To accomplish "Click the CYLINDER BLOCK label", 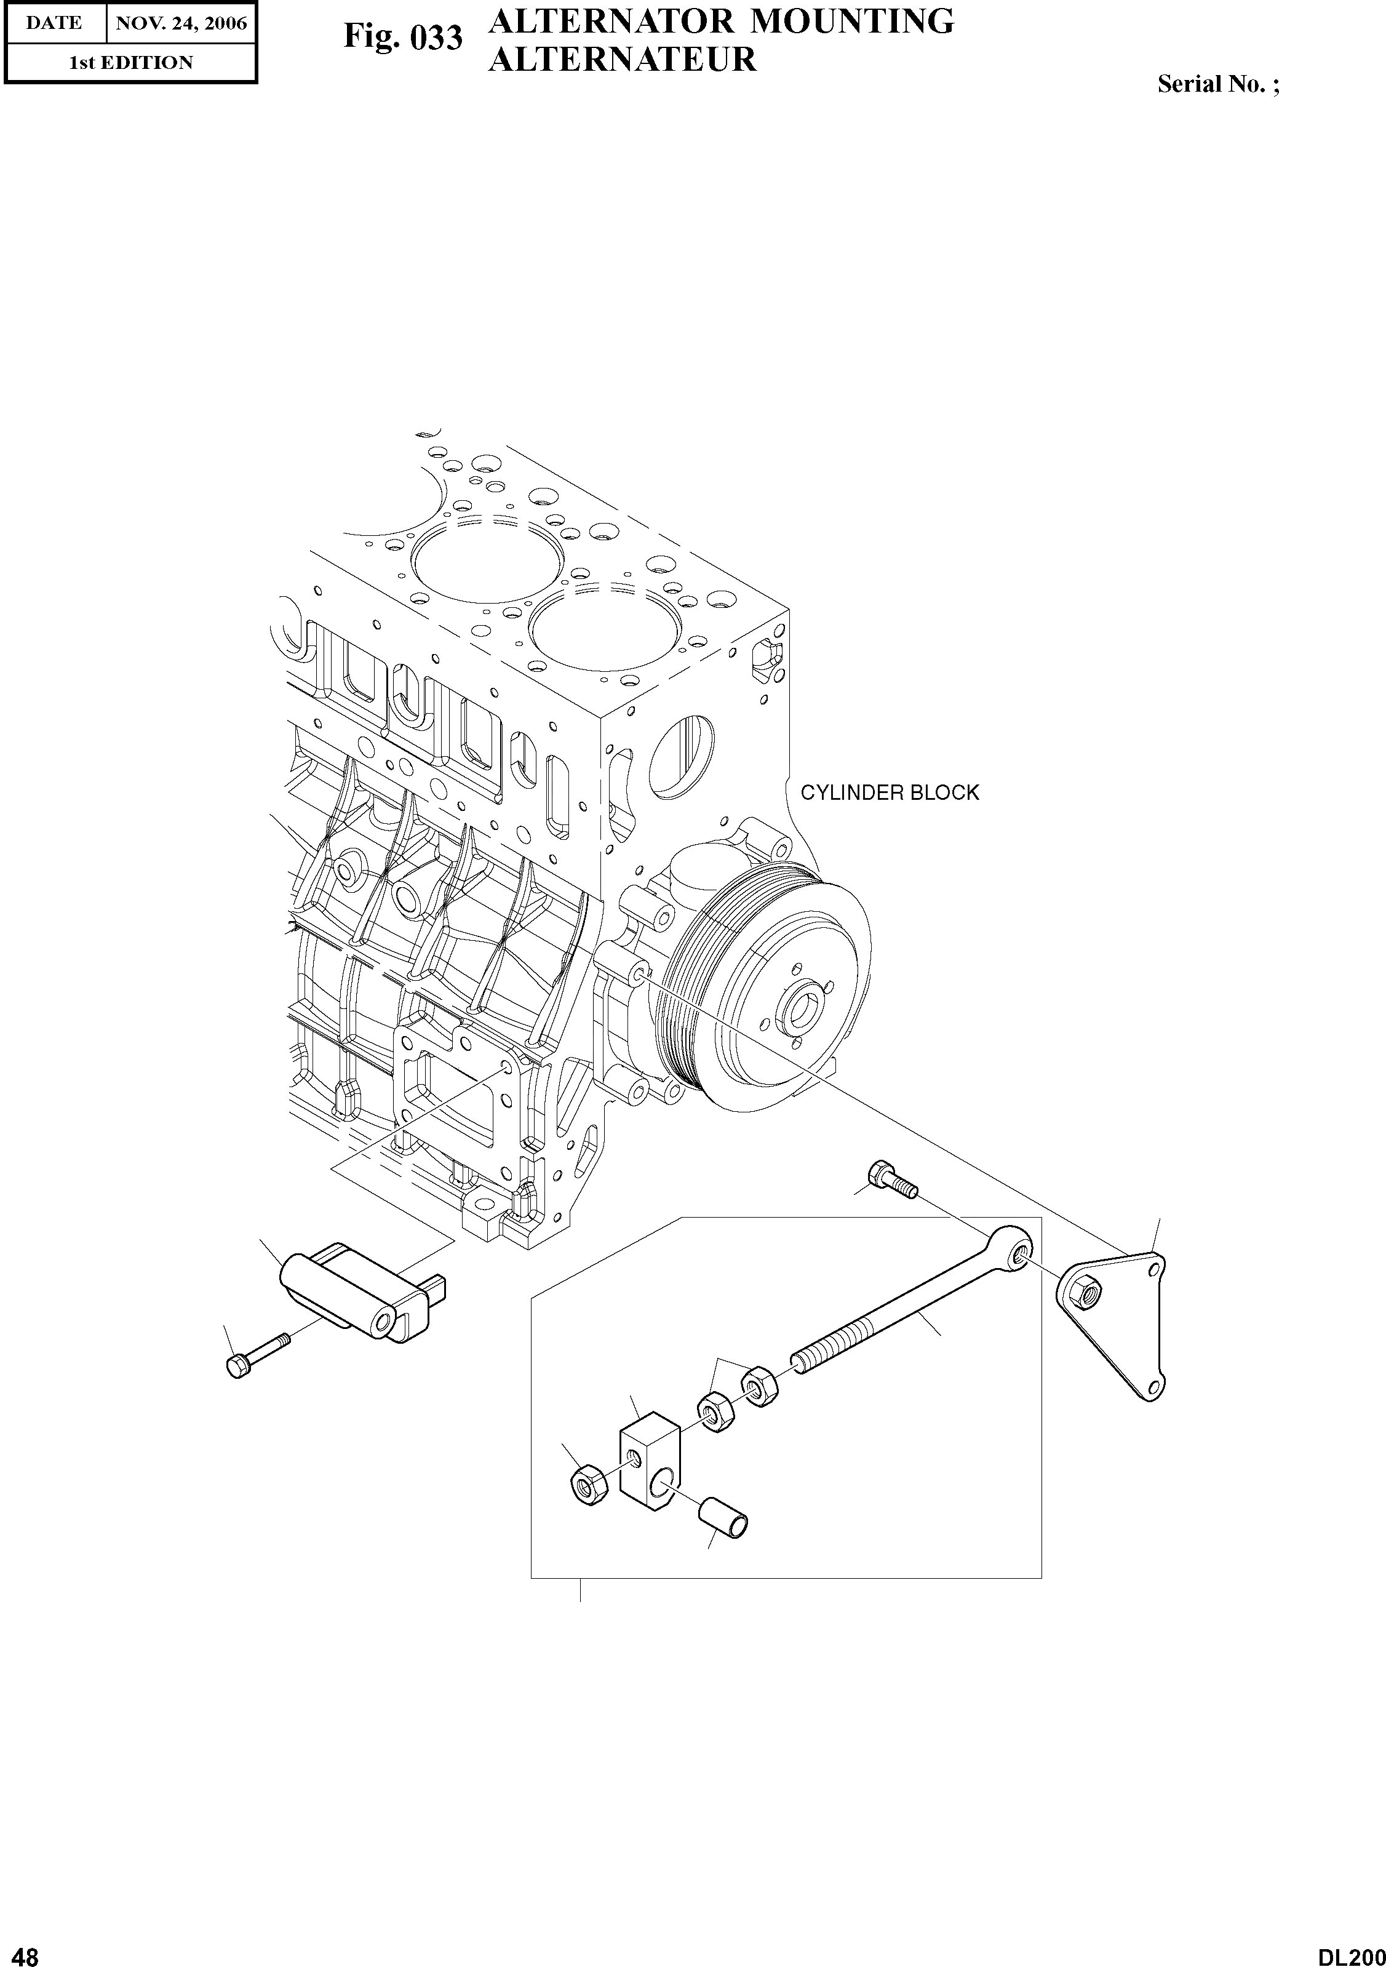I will click(x=889, y=792).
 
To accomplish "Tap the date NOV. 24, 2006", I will click(x=181, y=23).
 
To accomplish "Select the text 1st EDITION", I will click(x=131, y=63).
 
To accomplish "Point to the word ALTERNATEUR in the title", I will click(x=622, y=60).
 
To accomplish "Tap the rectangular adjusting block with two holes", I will click(x=649, y=1462).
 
